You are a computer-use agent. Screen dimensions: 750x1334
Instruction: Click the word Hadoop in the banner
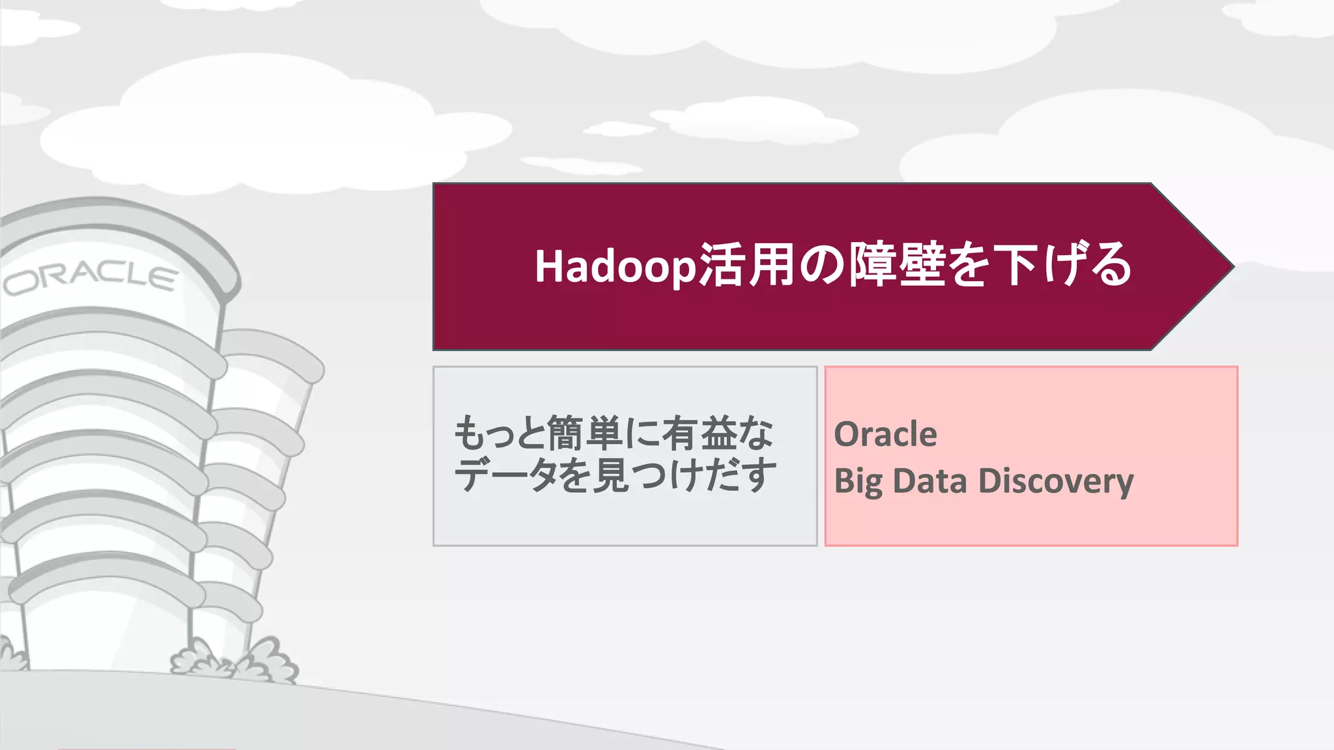616,266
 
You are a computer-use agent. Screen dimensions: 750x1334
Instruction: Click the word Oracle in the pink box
885,434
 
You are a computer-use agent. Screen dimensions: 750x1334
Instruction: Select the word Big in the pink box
858,482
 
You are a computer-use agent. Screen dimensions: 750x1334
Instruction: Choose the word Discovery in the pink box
1055,482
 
